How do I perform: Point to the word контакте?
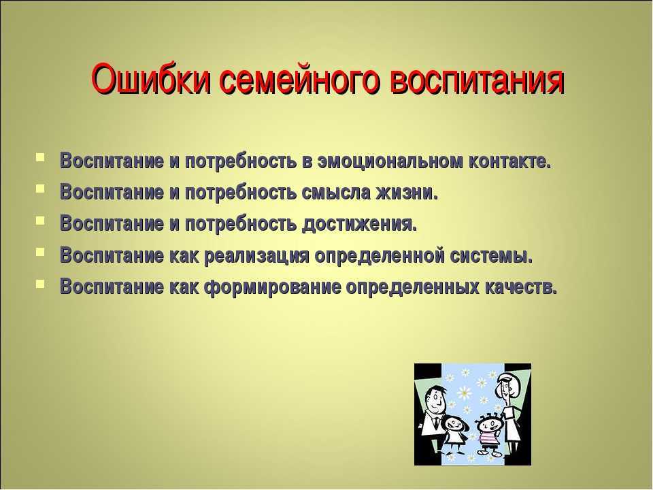click(509, 163)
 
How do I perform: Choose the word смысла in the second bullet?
click(337, 193)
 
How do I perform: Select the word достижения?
click(358, 223)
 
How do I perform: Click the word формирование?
click(272, 287)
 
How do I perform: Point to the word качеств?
click(521, 287)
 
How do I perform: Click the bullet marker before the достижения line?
click(42, 221)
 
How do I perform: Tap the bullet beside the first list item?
click(42, 161)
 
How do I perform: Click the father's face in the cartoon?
click(435, 399)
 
